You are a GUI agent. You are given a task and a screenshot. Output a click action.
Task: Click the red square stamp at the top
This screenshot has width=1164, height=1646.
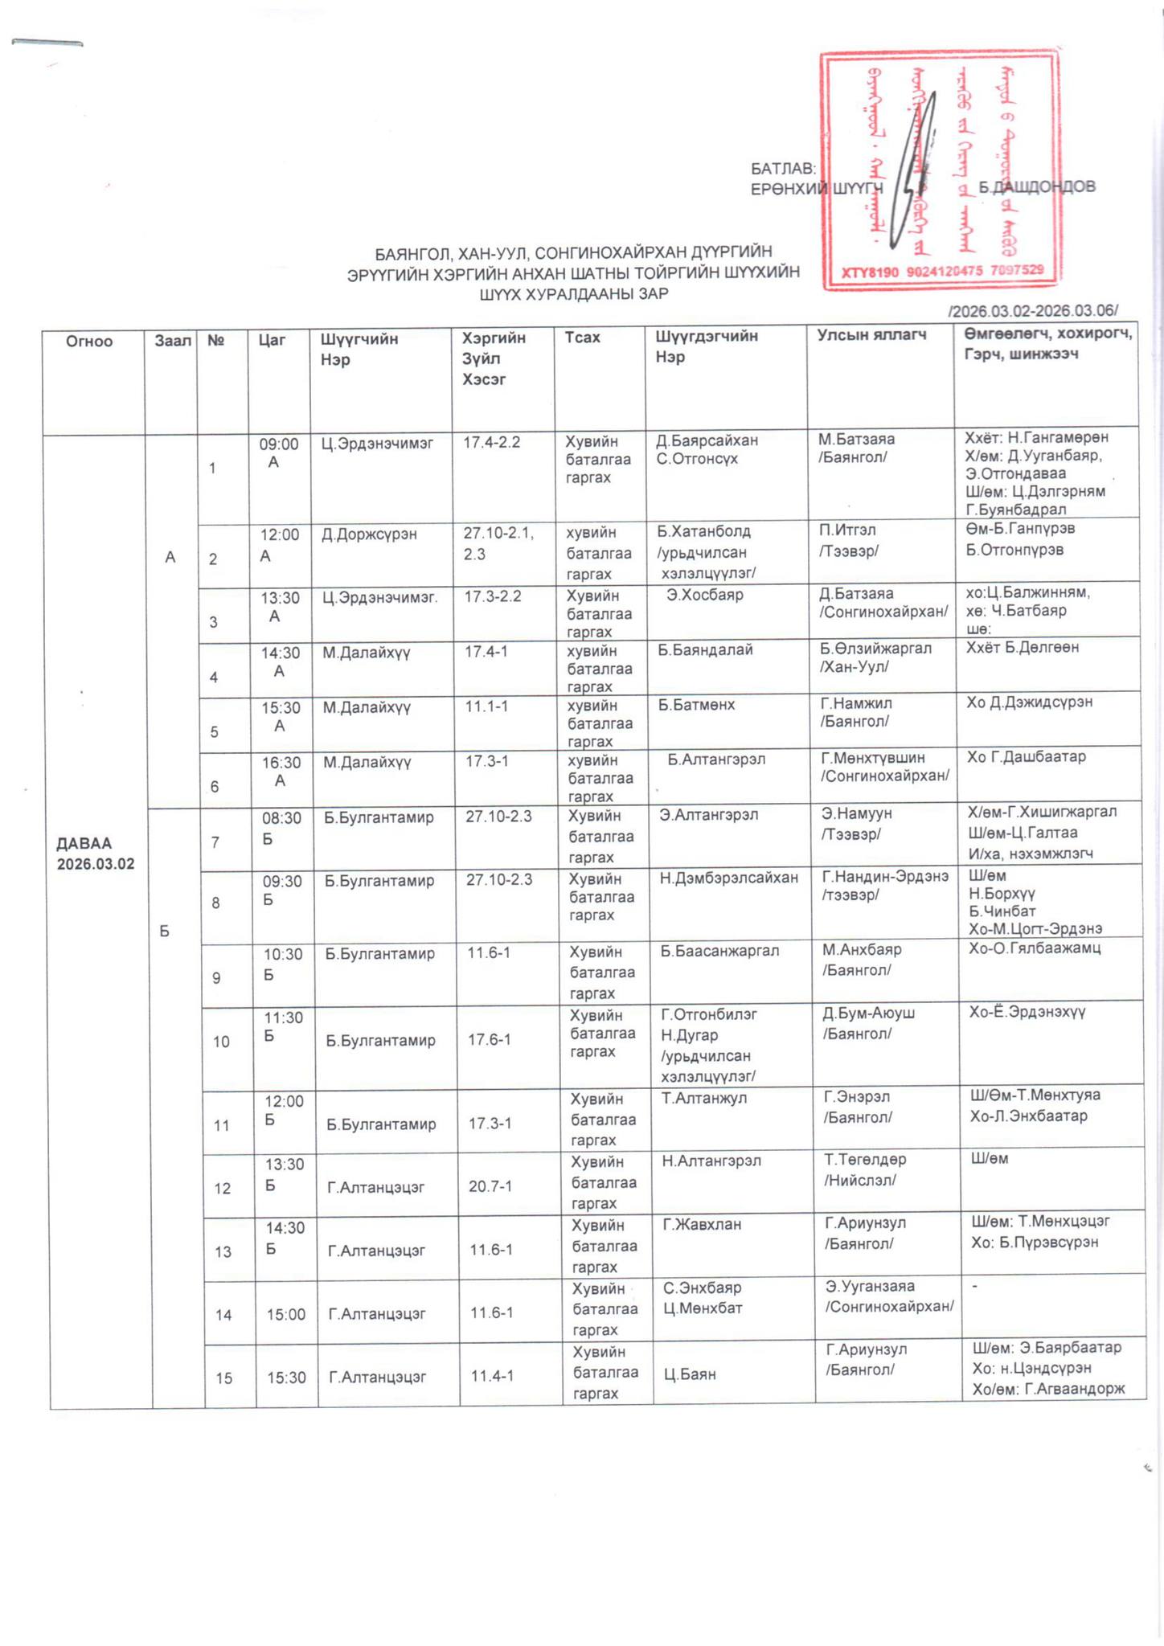[939, 170]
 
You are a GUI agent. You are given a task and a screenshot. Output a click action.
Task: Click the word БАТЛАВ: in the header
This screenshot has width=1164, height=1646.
[783, 170]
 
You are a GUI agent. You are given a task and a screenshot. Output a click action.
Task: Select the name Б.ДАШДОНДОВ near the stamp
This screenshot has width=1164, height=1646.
[1036, 187]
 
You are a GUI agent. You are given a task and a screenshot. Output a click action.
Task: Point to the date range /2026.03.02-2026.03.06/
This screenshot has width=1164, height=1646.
[1033, 311]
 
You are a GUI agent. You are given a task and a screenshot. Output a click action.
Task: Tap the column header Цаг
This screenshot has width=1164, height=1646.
[272, 340]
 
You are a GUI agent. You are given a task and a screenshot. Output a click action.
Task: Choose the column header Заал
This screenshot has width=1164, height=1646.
[173, 341]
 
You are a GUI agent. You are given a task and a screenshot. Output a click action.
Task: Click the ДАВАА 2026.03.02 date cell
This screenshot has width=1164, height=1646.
[95, 854]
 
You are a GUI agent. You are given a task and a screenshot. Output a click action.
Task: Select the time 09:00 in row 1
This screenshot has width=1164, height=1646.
[278, 444]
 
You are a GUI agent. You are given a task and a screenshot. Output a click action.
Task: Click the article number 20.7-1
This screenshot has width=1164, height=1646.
[490, 1185]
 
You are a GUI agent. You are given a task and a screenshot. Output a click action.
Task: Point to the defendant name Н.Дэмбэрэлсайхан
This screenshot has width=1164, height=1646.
[728, 878]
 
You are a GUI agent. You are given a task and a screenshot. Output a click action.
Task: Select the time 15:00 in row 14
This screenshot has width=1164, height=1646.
[286, 1314]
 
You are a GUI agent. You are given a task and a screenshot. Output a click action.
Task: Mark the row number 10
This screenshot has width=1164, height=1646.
[221, 1042]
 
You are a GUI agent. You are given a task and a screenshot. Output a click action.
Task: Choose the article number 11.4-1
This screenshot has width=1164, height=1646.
[492, 1376]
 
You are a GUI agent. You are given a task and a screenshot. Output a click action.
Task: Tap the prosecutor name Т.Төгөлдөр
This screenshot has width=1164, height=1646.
[865, 1160]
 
